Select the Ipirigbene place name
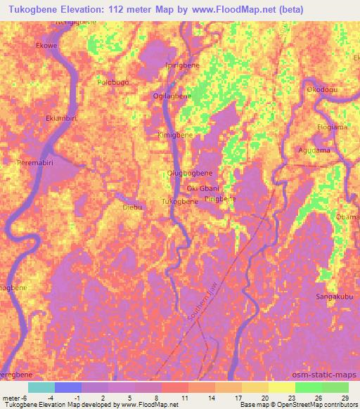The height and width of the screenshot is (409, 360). click(x=181, y=65)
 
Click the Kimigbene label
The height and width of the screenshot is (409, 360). click(x=174, y=134)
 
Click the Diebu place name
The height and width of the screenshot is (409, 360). click(x=132, y=207)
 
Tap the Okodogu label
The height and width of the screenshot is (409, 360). click(x=322, y=90)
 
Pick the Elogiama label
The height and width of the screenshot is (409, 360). click(x=332, y=127)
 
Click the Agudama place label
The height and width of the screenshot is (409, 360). click(x=314, y=150)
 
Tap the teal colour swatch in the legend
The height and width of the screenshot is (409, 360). click(x=41, y=387)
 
